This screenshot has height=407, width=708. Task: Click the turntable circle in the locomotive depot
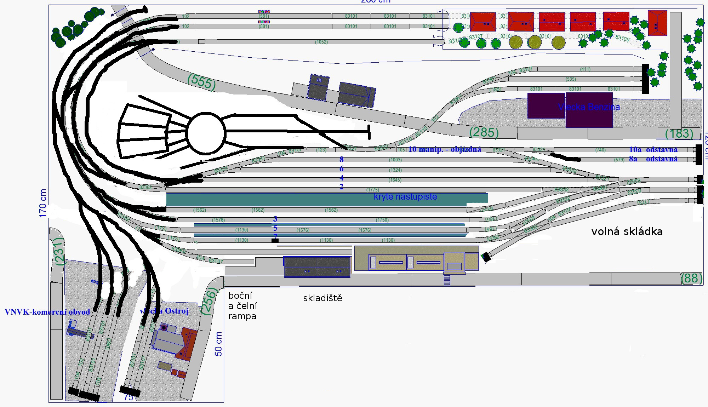(x=206, y=133)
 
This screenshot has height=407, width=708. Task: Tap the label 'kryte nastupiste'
(x=405, y=197)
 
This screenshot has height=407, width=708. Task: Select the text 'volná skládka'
(x=627, y=231)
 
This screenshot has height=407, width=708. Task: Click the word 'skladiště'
(x=322, y=298)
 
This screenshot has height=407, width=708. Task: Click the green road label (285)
(x=484, y=132)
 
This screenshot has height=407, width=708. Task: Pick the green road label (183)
(x=679, y=133)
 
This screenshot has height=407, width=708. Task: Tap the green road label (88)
(x=691, y=278)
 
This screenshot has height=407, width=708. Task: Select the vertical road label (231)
(x=59, y=251)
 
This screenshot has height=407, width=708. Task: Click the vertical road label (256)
(x=209, y=301)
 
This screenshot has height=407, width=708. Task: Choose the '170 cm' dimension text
(x=43, y=203)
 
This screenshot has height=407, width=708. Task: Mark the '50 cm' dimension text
(x=218, y=344)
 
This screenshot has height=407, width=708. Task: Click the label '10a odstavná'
(x=653, y=150)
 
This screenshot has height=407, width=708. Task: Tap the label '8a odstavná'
(x=653, y=159)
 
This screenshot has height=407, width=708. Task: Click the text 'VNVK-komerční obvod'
(x=47, y=312)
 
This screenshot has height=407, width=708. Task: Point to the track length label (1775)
(x=372, y=190)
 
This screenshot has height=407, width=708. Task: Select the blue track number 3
(x=275, y=219)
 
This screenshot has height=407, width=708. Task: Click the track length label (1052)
(x=321, y=42)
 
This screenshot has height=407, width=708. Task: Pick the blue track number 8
(x=341, y=160)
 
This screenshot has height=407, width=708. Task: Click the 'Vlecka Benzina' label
(x=589, y=107)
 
